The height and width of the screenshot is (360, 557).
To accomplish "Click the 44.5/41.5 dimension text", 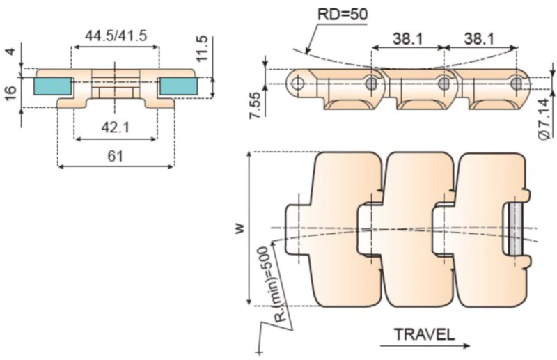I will point(116,35).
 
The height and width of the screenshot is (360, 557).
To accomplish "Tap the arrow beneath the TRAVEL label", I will point(425,345).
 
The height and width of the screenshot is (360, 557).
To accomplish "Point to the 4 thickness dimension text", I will point(10,52).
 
